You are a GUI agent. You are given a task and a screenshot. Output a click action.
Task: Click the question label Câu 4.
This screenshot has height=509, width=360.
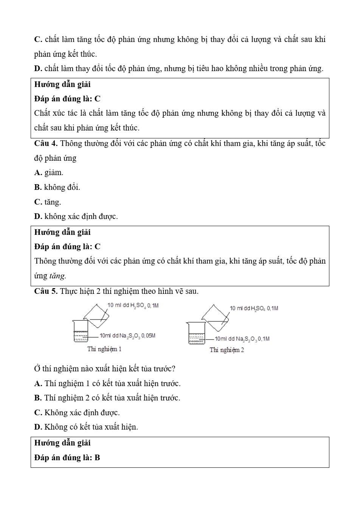(x=46, y=144)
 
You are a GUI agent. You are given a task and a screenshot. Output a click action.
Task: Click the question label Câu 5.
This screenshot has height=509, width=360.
(x=46, y=291)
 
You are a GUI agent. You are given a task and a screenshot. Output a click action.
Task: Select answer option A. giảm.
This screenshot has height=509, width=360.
(x=49, y=173)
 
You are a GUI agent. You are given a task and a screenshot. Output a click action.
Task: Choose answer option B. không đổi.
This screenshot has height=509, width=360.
(x=57, y=187)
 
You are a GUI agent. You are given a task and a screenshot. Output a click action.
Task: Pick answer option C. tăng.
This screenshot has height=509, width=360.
(x=48, y=202)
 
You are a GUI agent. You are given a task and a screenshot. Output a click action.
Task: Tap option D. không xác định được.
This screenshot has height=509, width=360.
(x=76, y=217)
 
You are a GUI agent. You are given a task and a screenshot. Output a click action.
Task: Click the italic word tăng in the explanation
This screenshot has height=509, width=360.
(x=57, y=276)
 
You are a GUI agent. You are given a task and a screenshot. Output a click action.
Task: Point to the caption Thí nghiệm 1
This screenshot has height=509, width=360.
(x=104, y=349)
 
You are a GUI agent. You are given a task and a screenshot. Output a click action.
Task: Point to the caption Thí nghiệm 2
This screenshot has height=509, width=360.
(x=227, y=350)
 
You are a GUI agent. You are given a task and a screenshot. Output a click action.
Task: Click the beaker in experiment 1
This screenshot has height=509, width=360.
(x=81, y=331)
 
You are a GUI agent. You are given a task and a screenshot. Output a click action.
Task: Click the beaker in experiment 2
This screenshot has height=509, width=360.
(x=197, y=334)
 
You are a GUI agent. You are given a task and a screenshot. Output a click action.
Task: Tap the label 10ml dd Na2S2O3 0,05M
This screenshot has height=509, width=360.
(x=127, y=336)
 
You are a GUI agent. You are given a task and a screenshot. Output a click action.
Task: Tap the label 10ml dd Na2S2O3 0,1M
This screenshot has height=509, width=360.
(x=242, y=339)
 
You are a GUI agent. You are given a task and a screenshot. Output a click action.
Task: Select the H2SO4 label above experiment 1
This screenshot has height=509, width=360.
(x=133, y=305)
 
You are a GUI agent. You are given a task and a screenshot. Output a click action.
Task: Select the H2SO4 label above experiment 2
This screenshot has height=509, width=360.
(x=254, y=308)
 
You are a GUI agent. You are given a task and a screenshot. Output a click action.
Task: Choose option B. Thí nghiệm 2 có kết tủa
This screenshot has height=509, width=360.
(x=107, y=398)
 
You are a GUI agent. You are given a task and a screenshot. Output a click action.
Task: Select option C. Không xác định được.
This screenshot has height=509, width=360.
(x=77, y=413)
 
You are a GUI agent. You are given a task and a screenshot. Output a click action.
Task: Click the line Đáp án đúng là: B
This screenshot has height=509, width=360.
(x=67, y=458)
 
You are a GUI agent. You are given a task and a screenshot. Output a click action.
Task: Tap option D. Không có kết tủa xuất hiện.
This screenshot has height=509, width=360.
(x=86, y=427)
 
